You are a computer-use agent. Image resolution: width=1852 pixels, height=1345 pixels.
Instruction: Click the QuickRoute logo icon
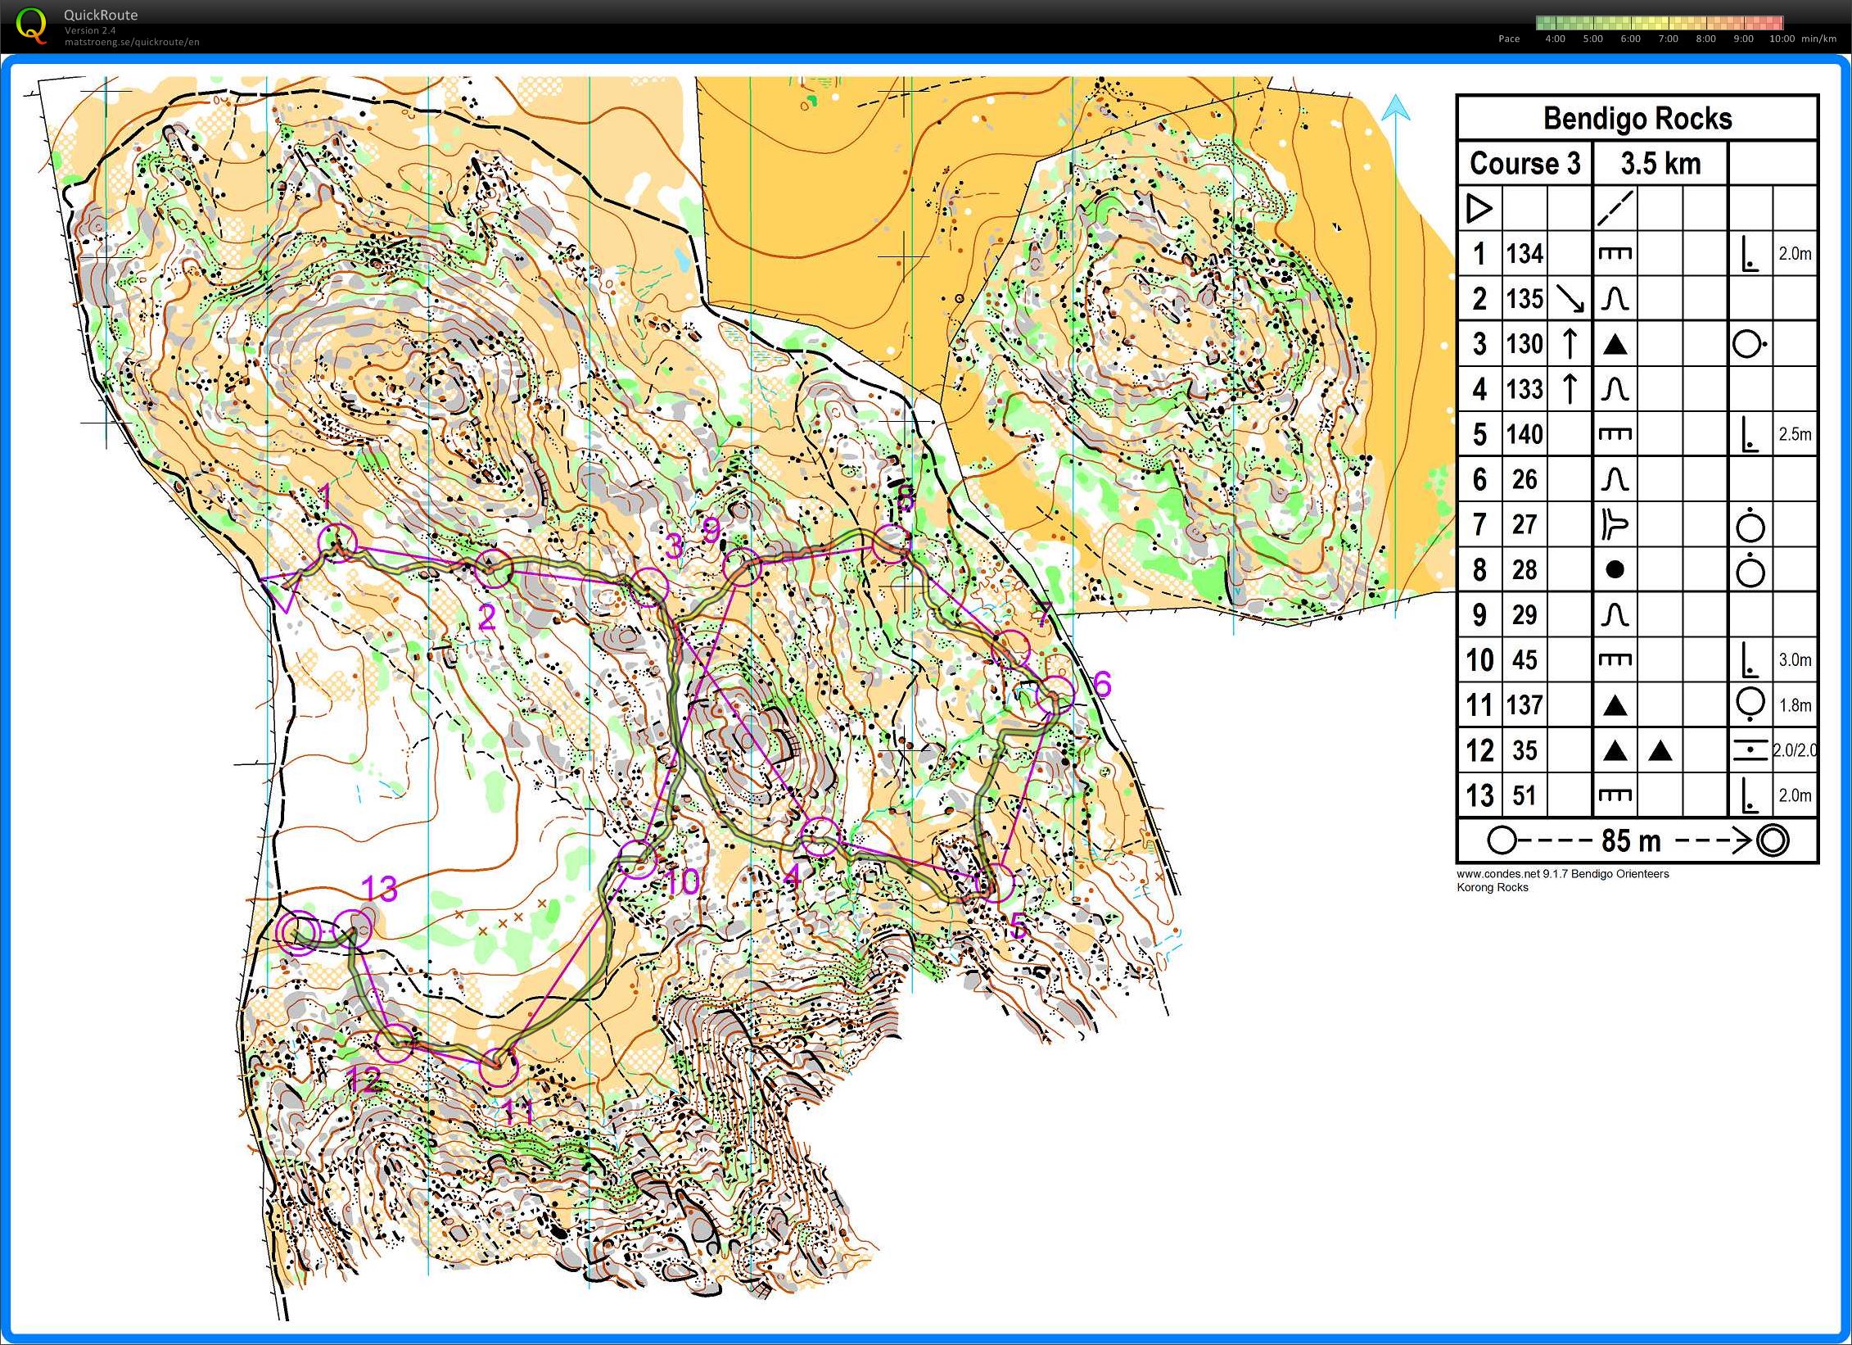tap(31, 25)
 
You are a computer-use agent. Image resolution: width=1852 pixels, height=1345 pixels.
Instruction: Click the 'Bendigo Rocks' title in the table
tap(1637, 119)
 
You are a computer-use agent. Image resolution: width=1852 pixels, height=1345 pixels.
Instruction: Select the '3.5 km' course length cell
tap(1660, 163)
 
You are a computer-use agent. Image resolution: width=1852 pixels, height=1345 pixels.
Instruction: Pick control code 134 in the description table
tap(1525, 254)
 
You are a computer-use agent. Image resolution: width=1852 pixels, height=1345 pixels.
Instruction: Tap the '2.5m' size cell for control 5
tap(1794, 434)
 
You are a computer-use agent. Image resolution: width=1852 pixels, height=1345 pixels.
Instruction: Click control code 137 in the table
tap(1525, 704)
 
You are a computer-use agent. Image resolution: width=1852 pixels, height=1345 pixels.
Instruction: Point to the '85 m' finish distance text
tap(1630, 840)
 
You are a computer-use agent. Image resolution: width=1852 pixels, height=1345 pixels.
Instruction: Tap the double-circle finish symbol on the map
tap(297, 933)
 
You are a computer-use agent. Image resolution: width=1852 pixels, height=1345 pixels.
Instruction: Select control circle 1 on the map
tap(337, 541)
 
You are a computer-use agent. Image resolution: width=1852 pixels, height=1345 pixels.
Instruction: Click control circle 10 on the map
tap(636, 860)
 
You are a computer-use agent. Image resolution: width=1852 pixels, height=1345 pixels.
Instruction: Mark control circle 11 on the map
tap(498, 1067)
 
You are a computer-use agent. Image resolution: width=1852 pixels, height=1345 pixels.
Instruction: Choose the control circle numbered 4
tap(820, 836)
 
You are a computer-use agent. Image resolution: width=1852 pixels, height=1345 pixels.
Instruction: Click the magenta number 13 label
tap(379, 889)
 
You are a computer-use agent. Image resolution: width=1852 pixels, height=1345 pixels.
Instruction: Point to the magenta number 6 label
tap(1102, 683)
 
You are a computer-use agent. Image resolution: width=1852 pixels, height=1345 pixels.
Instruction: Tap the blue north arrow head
tap(1396, 108)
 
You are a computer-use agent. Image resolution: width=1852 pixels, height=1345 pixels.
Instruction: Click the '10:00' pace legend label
tap(1782, 38)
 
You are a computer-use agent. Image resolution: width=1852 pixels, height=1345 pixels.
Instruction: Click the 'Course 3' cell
tap(1525, 163)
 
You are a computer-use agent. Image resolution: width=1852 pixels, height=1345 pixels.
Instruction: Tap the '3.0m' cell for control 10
tap(1794, 659)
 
